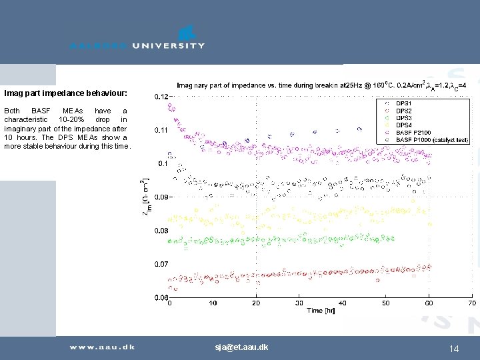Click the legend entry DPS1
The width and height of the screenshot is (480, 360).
[404, 103]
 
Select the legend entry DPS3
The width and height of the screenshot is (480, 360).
[404, 118]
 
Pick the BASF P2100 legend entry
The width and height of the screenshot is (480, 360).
[413, 133]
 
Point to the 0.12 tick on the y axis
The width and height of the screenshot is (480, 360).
[161, 97]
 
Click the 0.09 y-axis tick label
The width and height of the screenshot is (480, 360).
[161, 197]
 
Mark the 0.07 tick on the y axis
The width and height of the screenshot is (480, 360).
[161, 265]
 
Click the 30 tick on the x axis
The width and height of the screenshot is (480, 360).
[299, 303]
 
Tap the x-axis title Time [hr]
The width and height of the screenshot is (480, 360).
[321, 311]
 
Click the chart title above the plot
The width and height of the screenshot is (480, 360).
[321, 85]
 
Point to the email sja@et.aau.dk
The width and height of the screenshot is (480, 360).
[241, 347]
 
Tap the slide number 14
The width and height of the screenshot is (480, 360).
[455, 348]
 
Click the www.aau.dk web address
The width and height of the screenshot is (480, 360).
[103, 347]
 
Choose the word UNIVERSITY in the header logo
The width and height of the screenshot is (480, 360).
[168, 46]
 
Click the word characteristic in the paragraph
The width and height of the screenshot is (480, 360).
[26, 119]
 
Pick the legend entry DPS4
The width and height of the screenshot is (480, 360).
[404, 125]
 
